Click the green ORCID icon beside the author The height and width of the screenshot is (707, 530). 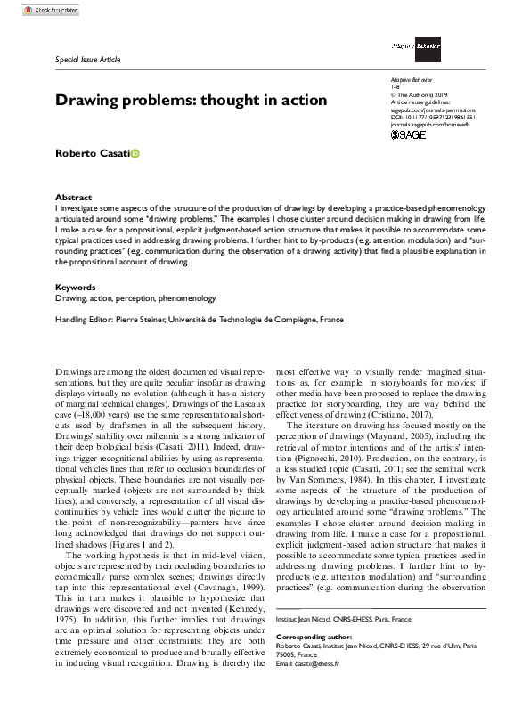pos(135,155)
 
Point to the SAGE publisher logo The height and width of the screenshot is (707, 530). pos(409,134)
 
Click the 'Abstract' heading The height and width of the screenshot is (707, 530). pos(73,197)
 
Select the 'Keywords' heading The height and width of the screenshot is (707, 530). pos(76,287)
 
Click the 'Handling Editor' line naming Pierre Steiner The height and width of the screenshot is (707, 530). pos(200,320)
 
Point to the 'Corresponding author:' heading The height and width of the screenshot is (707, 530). pos(315,638)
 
